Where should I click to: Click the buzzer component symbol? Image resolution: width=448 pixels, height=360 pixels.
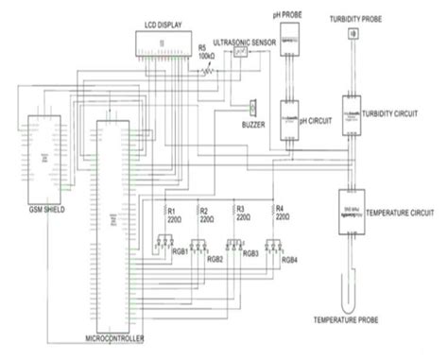pos(252,107)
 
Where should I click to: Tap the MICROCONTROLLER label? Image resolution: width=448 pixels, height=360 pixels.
pos(115,337)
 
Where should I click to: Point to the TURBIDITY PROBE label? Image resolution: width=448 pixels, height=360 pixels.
pos(355,19)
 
